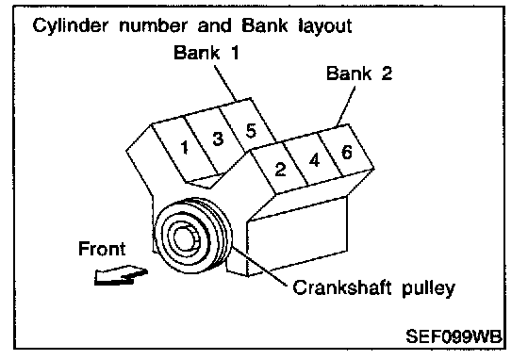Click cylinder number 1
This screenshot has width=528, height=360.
184,147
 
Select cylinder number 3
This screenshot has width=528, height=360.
218,138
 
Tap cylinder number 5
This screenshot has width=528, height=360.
251,131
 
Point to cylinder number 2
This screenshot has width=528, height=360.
280,169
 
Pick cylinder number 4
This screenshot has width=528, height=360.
314,160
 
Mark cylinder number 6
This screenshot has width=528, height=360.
347,152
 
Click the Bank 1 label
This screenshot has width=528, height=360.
206,53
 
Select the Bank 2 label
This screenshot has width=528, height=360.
359,73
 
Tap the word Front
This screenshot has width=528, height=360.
102,249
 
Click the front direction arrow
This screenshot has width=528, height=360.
121,275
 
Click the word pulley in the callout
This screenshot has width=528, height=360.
428,289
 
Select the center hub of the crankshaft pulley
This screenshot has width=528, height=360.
184,238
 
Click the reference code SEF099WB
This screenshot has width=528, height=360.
454,336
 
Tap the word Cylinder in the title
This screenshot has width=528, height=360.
71,26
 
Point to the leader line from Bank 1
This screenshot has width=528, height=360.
225,82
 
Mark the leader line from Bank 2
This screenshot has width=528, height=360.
346,106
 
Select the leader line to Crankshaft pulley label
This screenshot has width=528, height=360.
260,267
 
